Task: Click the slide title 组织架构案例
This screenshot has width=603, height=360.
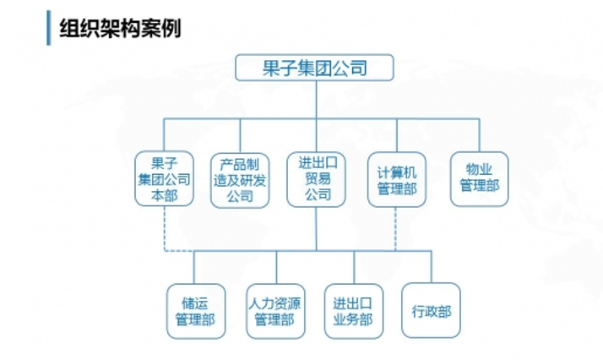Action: [x=120, y=28]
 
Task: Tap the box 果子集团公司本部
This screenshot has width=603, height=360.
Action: [x=164, y=178]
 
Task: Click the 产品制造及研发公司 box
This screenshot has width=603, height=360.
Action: [x=240, y=178]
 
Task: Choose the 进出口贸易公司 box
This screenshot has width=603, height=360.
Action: [x=317, y=178]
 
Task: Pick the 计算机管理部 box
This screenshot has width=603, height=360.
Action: [x=397, y=178]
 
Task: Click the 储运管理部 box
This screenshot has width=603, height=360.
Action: [x=195, y=311]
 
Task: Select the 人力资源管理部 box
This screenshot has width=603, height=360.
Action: [x=275, y=311]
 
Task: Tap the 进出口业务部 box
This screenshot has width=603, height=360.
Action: [x=353, y=311]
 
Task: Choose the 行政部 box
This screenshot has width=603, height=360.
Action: [x=431, y=311]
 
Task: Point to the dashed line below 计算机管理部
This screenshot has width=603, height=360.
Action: [x=396, y=226]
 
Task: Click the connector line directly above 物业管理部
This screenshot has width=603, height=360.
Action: [x=480, y=135]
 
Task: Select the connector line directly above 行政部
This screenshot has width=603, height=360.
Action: [x=431, y=266]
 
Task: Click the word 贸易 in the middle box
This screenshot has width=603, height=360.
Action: [x=317, y=178]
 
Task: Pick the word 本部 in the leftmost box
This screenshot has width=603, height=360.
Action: [x=164, y=194]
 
